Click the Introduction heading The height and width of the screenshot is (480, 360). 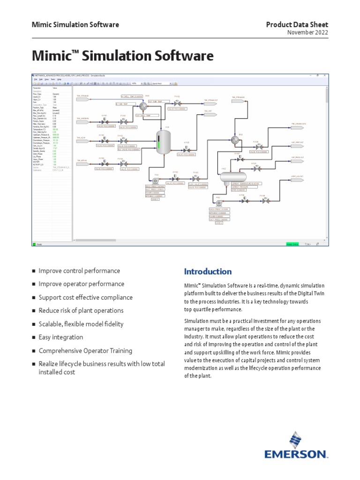tap(208, 272)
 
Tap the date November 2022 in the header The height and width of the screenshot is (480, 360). tap(307, 32)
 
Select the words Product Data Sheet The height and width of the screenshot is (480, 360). tap(297, 24)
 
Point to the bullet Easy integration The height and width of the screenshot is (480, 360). tap(60, 337)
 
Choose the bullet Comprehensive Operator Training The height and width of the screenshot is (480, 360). tap(85, 351)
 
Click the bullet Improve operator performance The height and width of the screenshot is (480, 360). tap(81, 284)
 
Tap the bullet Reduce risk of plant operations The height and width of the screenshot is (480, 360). tap(81, 311)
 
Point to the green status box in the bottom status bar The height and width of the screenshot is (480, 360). tap(292, 244)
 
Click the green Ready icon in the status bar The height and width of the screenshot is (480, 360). tap(34, 244)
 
